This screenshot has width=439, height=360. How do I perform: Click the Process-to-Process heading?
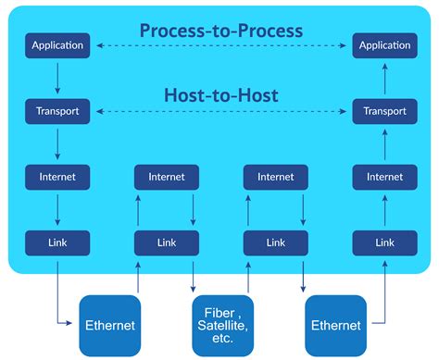(220, 31)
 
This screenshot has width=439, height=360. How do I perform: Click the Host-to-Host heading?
(220, 95)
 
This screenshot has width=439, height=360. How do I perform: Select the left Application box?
(57, 45)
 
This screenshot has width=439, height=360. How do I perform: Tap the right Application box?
(384, 45)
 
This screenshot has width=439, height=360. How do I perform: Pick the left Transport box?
(57, 111)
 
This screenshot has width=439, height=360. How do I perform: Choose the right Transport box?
(384, 111)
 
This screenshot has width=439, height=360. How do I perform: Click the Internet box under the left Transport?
(57, 177)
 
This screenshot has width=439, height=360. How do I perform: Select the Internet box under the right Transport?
(384, 177)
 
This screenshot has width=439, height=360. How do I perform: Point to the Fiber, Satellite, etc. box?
(220, 326)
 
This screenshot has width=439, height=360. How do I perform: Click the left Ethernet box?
(110, 326)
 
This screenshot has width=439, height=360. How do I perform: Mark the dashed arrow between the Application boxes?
(220, 45)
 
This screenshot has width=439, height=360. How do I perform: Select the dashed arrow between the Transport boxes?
(220, 111)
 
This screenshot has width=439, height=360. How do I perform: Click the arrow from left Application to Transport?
(57, 78)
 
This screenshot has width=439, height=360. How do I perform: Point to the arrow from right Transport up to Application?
(384, 78)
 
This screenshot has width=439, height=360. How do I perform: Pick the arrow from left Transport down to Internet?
(57, 143)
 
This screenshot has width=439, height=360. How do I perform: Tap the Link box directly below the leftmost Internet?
(57, 242)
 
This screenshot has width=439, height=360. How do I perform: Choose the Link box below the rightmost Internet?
(384, 242)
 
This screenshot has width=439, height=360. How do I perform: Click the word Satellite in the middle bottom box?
(220, 326)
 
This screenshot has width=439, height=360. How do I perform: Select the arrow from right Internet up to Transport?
(384, 143)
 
